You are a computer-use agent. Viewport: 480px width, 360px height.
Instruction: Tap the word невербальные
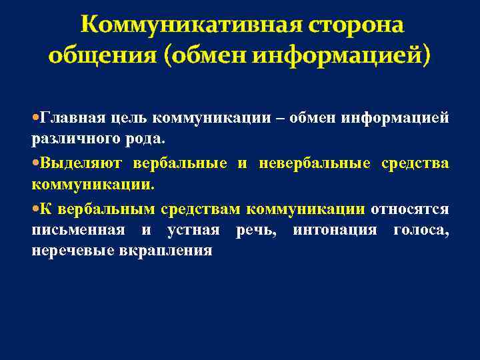coord(307,163)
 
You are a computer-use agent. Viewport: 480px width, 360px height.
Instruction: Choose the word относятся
coord(410,209)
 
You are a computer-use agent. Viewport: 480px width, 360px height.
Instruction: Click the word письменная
coord(78,229)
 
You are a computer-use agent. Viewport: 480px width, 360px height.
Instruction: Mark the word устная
coord(193,229)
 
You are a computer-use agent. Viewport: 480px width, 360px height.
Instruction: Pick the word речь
coord(254,229)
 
